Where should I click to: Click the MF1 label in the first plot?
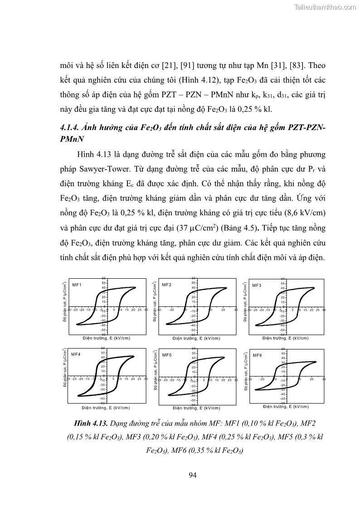[x=77, y=284]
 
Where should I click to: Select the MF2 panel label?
[x=166, y=285]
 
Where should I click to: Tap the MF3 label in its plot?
[x=257, y=285]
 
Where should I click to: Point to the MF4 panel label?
[x=76, y=354]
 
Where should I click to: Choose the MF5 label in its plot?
[x=166, y=354]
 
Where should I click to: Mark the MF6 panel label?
[x=257, y=355]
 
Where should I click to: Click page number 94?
[x=192, y=475]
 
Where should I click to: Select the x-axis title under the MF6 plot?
[x=286, y=407]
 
